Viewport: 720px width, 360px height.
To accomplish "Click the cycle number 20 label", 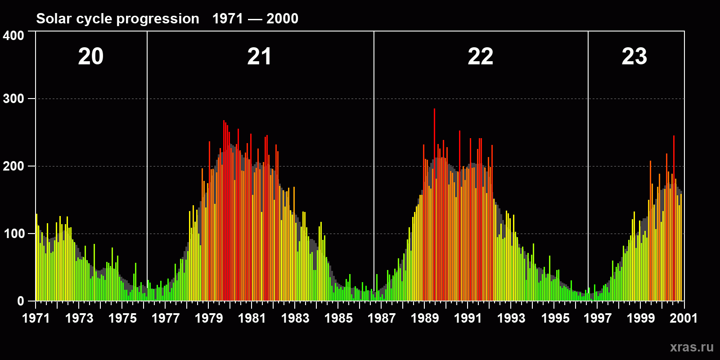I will tap(91, 57).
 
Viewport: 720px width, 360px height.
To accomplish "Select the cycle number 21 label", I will tap(259, 57).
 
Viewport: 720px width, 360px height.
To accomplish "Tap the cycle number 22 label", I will tap(480, 57).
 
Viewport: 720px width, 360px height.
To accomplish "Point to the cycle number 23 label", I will tap(634, 57).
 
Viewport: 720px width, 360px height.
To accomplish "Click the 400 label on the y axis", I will tap(13, 36).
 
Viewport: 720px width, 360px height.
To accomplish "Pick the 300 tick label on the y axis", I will tap(13, 99).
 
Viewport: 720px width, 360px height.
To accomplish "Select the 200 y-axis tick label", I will tap(13, 166).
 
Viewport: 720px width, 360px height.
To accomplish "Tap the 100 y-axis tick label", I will tap(13, 234).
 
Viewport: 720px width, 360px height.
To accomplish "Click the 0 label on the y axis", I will tap(21, 301).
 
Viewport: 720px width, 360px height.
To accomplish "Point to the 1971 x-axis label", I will tap(36, 318).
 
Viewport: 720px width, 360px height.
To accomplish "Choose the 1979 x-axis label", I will tap(209, 318).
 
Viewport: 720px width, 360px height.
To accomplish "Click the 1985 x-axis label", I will tap(338, 318).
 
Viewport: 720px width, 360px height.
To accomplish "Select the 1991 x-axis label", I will tap(468, 318).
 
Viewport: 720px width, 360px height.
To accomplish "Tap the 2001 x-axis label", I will tap(684, 318).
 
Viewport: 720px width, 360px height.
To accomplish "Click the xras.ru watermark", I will tap(692, 347).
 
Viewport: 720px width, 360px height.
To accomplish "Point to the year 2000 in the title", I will tap(282, 19).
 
